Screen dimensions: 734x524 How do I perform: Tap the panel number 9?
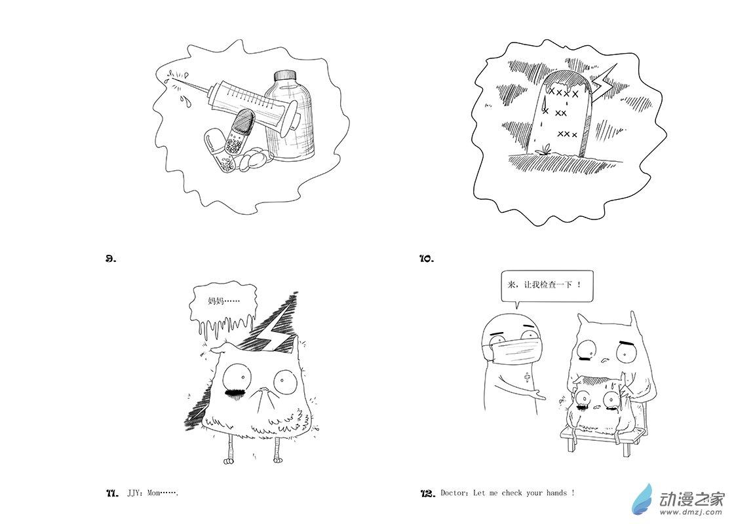tap(111, 258)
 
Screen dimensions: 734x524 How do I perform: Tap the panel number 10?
tap(427, 258)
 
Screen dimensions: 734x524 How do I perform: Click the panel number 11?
tap(112, 493)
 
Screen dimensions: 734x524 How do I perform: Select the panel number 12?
tap(428, 493)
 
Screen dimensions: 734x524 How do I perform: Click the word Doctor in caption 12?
tap(454, 493)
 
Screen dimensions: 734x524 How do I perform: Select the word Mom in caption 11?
tap(153, 493)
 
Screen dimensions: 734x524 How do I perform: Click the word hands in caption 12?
tap(556, 493)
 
